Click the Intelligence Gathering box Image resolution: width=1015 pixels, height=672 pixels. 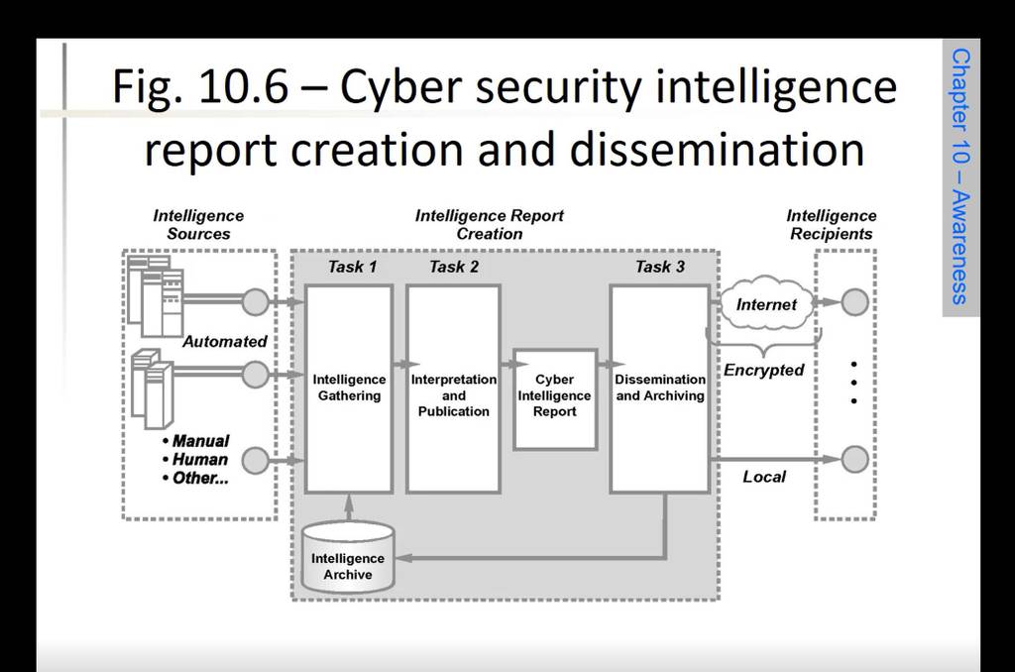[x=349, y=389]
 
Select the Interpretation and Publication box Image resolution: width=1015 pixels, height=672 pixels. [x=453, y=389]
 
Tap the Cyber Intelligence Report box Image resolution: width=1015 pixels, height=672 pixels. [x=555, y=398]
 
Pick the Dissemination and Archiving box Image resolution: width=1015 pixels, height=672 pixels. [x=659, y=389]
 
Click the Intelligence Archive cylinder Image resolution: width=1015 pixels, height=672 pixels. [x=348, y=558]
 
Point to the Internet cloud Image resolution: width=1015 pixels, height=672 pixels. [x=766, y=304]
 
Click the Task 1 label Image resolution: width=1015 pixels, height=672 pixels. [x=352, y=267]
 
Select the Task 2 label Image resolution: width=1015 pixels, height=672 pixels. [x=454, y=267]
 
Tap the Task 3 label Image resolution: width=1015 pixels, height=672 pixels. [x=659, y=267]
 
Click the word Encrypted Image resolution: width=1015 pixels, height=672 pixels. [x=764, y=371]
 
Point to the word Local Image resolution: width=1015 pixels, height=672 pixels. [x=764, y=477]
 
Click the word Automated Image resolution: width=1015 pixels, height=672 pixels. [x=225, y=342]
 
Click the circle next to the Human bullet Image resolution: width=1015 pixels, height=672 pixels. [x=256, y=460]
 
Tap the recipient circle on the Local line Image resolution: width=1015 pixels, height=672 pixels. [x=854, y=459]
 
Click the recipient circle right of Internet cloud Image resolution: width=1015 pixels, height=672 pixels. [x=854, y=302]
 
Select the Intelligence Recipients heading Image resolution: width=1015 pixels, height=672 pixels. [x=832, y=225]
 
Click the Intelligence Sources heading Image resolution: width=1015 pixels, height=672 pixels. [x=198, y=225]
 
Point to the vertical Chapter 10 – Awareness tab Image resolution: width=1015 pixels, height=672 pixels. [x=960, y=176]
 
